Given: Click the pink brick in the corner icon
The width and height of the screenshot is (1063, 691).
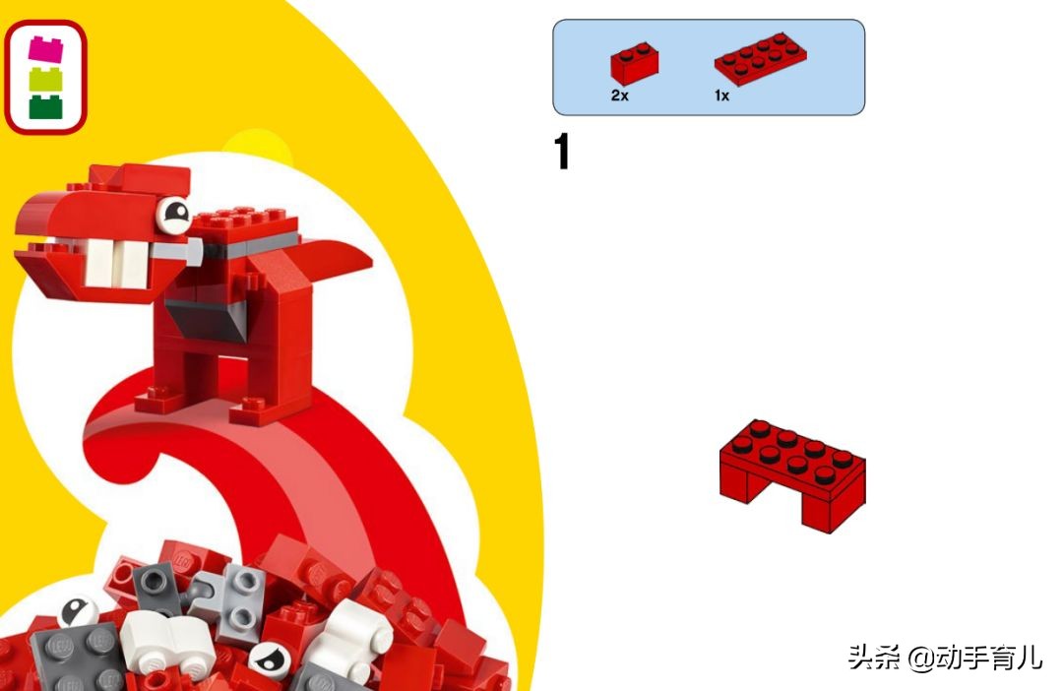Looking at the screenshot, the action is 45,49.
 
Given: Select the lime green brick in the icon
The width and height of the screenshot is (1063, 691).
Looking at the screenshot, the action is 45,80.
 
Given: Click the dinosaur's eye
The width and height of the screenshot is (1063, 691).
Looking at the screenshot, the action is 174,215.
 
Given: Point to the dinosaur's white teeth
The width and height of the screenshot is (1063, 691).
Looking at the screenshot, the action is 116,263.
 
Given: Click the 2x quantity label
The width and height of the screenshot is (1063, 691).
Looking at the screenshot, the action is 620,95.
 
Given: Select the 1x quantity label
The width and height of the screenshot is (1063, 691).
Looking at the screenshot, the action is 721,95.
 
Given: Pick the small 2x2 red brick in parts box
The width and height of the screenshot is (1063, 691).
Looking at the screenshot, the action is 634,63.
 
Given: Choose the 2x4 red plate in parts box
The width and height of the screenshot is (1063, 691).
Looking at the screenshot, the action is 760,58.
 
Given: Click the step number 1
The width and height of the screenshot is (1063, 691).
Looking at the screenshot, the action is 561,151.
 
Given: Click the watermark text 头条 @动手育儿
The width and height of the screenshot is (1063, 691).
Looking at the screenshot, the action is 944,657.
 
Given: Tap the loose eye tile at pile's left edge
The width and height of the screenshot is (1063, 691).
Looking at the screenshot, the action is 77,611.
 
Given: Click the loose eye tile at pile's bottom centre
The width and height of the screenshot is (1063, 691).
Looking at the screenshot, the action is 269,660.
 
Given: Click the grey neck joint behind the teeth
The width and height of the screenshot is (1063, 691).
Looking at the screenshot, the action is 176,252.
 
